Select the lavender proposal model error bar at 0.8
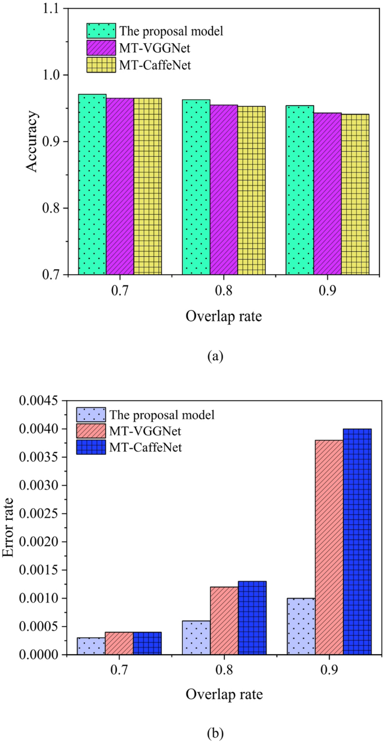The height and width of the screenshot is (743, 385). click(x=196, y=637)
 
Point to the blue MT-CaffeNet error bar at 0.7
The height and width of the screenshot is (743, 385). click(x=148, y=643)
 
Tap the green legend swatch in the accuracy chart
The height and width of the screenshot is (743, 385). click(x=101, y=30)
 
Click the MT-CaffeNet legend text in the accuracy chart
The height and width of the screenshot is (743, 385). click(x=155, y=65)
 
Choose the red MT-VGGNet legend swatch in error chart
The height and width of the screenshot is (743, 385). click(x=90, y=431)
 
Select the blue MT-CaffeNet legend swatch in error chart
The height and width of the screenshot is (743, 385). click(x=90, y=447)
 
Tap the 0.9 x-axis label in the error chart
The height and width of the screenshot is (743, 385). click(x=329, y=672)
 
